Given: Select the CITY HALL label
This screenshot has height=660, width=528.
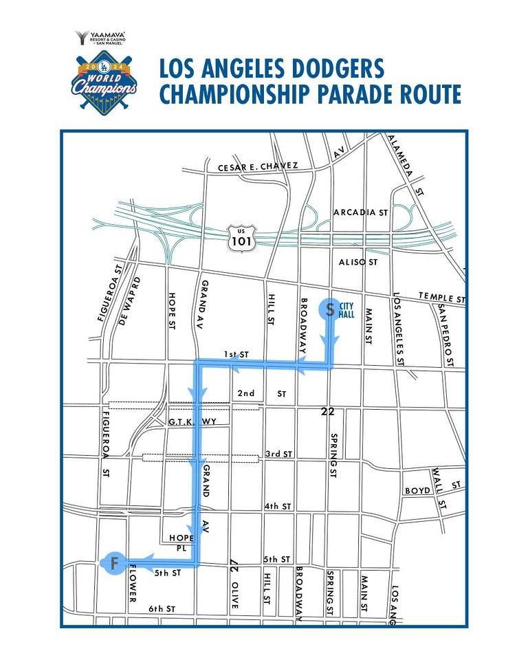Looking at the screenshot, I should (x=347, y=310).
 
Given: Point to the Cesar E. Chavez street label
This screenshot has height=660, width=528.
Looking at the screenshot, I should (x=258, y=167).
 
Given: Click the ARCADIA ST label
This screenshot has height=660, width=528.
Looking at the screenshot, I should (x=360, y=212).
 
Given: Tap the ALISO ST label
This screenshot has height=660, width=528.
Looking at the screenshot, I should (x=359, y=262).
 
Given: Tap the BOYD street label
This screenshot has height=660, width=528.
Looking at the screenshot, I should (x=417, y=490).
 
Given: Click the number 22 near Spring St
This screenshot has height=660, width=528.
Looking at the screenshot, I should (x=328, y=411).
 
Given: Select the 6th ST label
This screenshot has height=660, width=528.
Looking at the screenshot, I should (x=162, y=609).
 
